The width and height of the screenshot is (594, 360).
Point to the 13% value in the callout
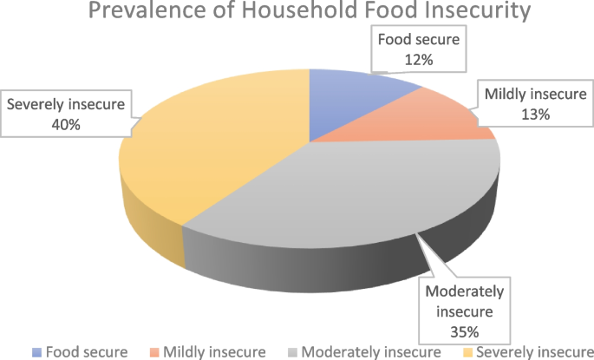pos(531,115)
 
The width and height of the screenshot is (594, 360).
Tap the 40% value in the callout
pos(65,125)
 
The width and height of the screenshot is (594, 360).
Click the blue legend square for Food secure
pos(36,352)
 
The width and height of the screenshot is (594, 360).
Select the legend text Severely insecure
pos(534,352)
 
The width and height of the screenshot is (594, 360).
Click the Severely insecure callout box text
pos(66,106)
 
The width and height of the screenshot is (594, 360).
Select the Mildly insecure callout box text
pos(531,95)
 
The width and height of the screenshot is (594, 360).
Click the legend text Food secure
pos(87,352)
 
